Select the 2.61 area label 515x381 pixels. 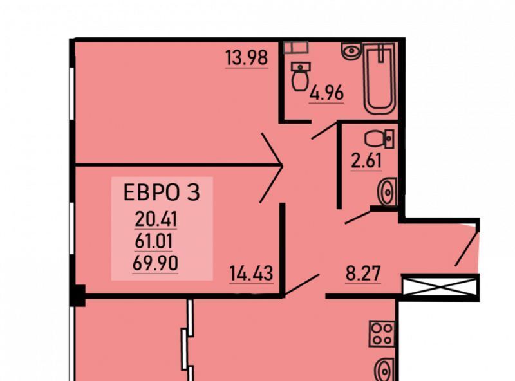click(366, 160)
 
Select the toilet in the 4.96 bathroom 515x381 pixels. click(300, 77)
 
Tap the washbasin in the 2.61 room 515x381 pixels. click(388, 191)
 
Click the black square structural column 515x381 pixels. click(77, 295)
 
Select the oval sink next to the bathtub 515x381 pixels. click(351, 50)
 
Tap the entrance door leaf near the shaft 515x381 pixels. click(467, 248)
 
